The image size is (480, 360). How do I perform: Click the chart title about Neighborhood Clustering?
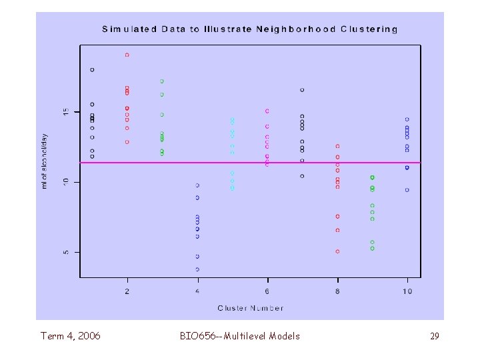coord(250,29)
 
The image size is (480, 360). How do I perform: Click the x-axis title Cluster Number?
coord(250,308)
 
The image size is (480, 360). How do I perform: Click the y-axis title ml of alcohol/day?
coord(45,161)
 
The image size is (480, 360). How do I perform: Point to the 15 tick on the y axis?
coord(65,111)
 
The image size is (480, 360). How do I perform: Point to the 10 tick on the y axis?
coord(65,182)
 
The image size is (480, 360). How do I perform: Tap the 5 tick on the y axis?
coord(65,253)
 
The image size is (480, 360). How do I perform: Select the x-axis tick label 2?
coord(127,291)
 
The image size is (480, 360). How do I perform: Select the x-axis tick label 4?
coord(197,291)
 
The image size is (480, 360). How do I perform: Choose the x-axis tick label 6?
coord(267,291)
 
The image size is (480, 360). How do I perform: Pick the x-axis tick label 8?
coord(337,291)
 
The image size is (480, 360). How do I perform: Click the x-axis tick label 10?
coord(407,291)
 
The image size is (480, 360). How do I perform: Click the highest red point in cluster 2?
coord(127,55)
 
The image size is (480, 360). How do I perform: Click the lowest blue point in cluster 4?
coord(197,269)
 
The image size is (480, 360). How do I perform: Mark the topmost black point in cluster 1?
coord(92,69)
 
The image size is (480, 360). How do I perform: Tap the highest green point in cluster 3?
coord(162,81)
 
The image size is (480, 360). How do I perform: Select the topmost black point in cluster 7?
coord(302,90)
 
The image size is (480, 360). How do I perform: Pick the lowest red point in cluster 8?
coord(337,251)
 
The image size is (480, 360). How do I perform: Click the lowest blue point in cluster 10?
coord(407,190)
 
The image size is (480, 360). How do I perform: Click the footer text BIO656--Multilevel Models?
coord(240,336)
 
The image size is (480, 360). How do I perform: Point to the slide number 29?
coord(434,337)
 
